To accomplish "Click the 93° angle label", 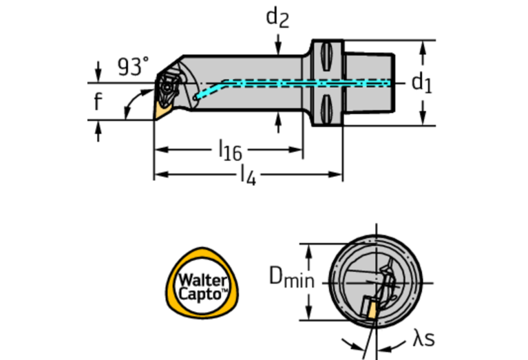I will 133,67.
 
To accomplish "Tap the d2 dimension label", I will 277,19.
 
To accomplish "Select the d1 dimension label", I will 421,83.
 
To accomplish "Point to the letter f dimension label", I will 98,102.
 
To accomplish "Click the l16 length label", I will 229,149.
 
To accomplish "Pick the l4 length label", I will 247,176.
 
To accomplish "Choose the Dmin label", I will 291,277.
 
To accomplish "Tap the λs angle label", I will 423,338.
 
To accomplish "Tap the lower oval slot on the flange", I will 327,109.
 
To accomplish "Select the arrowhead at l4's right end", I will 338,175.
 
